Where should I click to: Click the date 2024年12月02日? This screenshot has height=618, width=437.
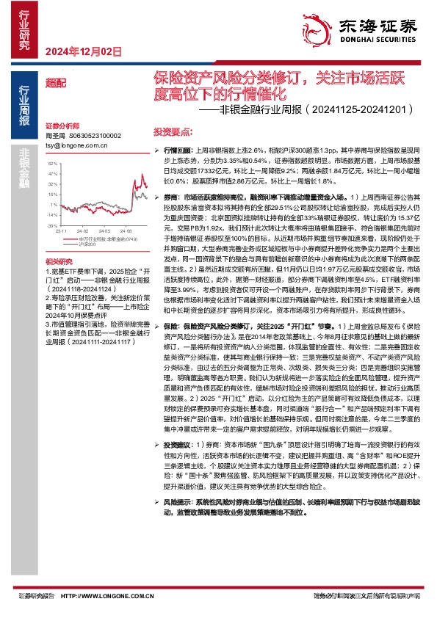82,51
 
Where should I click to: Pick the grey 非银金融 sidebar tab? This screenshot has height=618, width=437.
25,164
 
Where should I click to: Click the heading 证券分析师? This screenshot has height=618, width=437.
60,126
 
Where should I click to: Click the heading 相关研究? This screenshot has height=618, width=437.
57,262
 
